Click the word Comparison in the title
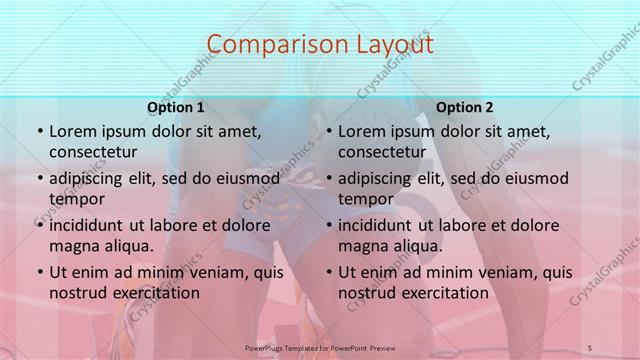268,45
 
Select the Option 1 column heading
176,107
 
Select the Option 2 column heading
465,107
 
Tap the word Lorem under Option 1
73,131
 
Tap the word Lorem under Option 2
362,131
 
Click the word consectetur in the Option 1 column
93,152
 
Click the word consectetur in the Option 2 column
382,152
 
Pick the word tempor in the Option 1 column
76,199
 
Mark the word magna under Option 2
362,246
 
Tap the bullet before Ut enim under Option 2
328,272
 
